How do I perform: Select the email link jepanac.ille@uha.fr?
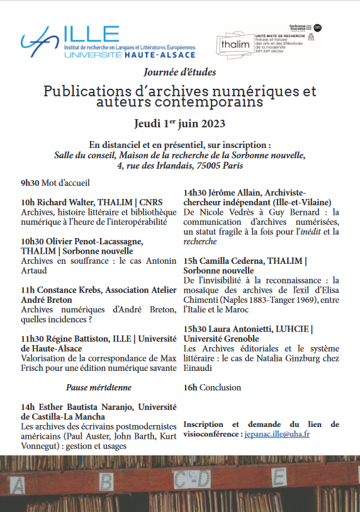(x=276, y=434)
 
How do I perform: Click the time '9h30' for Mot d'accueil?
(x=30, y=183)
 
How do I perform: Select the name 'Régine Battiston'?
(x=75, y=338)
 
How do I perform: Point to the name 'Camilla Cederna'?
(x=235, y=260)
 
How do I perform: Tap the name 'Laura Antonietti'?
(x=239, y=329)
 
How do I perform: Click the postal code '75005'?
(x=205, y=166)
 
